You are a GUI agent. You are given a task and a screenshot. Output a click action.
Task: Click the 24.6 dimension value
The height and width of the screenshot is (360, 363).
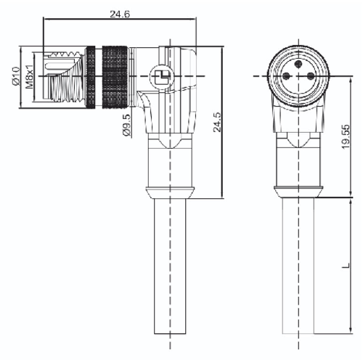click(x=120, y=14)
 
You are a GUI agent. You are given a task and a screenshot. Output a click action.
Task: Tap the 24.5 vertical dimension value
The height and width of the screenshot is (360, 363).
click(x=217, y=122)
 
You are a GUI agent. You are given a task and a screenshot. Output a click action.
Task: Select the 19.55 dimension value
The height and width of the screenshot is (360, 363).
click(x=346, y=136)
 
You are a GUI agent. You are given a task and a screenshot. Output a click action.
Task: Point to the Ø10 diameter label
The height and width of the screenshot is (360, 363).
click(x=16, y=76)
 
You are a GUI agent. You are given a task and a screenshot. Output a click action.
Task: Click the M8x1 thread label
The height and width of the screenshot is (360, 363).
click(x=29, y=77)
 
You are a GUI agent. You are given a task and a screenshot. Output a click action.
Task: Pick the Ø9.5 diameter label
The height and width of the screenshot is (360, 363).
click(x=126, y=125)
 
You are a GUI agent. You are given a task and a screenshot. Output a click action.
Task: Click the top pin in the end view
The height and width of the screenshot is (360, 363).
click(x=298, y=64)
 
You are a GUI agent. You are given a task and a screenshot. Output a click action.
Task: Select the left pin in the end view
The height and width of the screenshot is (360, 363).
click(x=286, y=76)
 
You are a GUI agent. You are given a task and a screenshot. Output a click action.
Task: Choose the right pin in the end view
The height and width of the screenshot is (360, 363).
click(x=310, y=76)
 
